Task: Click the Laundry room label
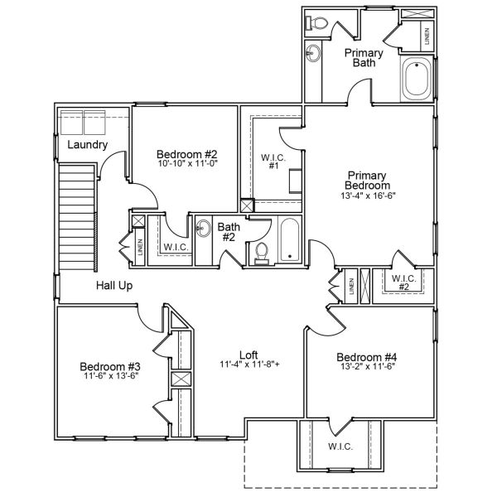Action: tap(87, 145)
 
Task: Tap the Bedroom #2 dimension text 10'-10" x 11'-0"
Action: tap(187, 164)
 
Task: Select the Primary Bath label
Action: tap(364, 60)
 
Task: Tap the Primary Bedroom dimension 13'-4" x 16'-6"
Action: tap(368, 198)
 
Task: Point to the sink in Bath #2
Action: tap(203, 228)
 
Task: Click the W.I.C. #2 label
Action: tap(403, 282)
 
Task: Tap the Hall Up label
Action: tap(114, 286)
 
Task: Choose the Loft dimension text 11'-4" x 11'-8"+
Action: tap(249, 364)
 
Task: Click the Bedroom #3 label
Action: tap(110, 366)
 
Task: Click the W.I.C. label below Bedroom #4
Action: tap(340, 446)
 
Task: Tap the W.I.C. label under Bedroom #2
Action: tap(174, 247)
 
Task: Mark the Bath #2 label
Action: tap(228, 231)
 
